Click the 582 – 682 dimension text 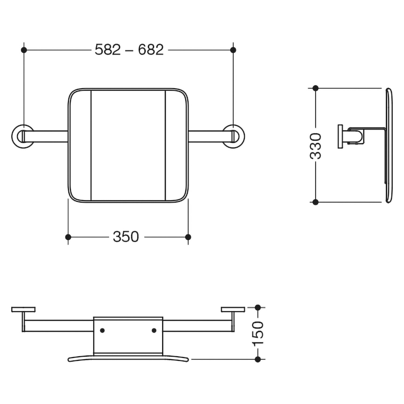click(x=129, y=50)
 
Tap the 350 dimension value click(x=126, y=237)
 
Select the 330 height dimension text click(x=316, y=146)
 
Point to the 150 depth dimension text click(x=257, y=333)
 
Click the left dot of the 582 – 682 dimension click(x=24, y=50)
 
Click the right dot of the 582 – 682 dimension click(x=233, y=50)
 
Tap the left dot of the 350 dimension click(x=68, y=237)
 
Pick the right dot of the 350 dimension click(x=188, y=237)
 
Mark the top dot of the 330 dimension click(x=316, y=88)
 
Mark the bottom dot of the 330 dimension click(x=316, y=202)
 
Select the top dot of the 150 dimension click(x=258, y=307)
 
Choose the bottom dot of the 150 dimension click(x=258, y=359)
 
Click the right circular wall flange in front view click(x=243, y=136)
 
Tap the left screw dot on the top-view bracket click(x=102, y=330)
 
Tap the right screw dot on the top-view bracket click(x=154, y=330)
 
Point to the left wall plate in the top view click(x=23, y=309)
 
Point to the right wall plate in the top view click(x=233, y=309)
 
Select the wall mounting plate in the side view click(x=340, y=136)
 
